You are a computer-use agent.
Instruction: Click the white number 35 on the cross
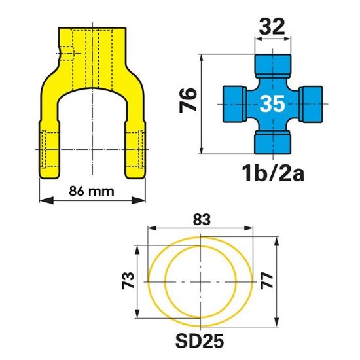(x=272, y=103)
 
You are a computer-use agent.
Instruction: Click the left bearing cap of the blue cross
(x=232, y=102)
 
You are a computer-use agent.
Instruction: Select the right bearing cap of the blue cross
(x=311, y=102)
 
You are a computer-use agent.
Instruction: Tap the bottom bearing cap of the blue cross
(x=271, y=140)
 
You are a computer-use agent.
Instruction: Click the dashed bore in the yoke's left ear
(x=47, y=149)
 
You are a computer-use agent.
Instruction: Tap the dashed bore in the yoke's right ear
(x=135, y=149)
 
